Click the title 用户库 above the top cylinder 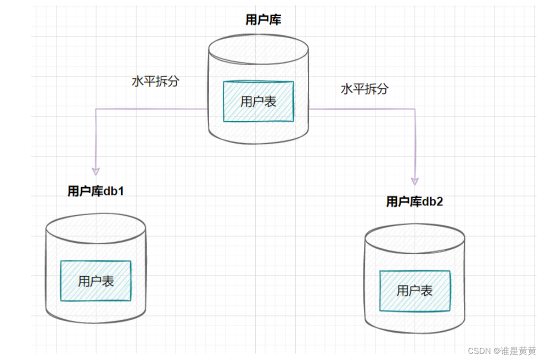point(263,20)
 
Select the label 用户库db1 point(96,191)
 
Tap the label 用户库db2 point(414,201)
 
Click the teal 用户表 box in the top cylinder point(258,101)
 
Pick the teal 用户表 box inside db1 point(96,281)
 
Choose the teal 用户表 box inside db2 point(414,290)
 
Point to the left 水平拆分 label point(155,81)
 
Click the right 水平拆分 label point(364,89)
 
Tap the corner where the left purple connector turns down point(96,109)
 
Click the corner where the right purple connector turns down point(415,109)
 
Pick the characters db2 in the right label point(433,201)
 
